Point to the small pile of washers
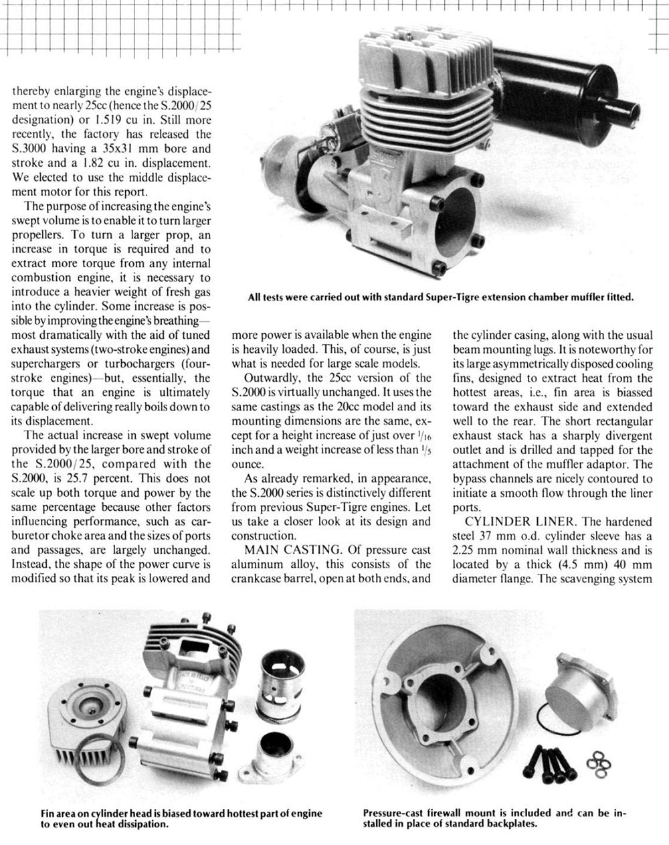click(595, 763)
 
